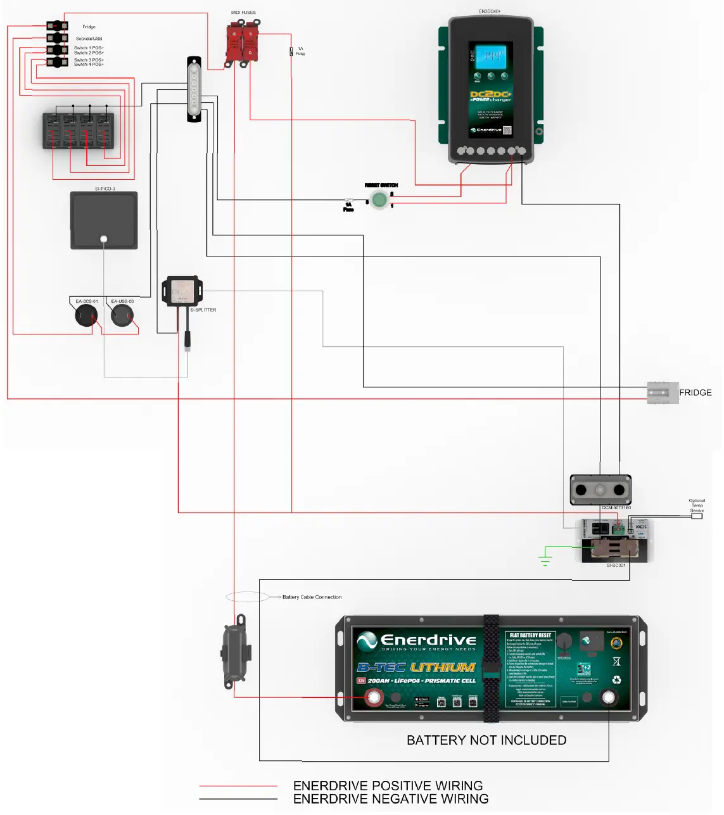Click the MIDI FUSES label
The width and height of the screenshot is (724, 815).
(x=243, y=13)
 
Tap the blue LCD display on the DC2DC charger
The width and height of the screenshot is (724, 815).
(x=492, y=56)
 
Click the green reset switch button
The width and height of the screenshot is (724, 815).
(x=379, y=199)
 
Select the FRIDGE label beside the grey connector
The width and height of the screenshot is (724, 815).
(x=695, y=393)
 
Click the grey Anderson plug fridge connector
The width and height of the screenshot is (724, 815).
(x=662, y=393)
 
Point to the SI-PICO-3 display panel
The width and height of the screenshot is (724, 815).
(x=104, y=220)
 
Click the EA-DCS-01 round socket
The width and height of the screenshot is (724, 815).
(x=86, y=315)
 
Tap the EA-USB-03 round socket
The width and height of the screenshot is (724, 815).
(x=122, y=315)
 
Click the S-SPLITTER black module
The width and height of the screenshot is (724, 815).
(x=182, y=291)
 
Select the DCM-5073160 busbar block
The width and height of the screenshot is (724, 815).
(x=600, y=490)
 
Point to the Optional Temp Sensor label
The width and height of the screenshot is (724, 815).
(x=697, y=505)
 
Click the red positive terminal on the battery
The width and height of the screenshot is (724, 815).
(x=373, y=698)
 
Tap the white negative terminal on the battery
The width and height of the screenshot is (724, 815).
(x=608, y=698)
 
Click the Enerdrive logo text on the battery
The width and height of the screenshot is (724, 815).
(x=428, y=640)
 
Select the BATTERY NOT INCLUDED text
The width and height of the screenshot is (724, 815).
(x=486, y=740)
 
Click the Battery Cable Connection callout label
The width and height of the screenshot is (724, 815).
(x=312, y=597)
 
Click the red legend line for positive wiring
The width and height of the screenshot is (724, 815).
(x=238, y=786)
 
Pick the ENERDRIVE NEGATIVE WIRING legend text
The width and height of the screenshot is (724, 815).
(x=390, y=799)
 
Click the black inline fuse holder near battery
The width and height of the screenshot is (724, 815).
(x=236, y=652)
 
